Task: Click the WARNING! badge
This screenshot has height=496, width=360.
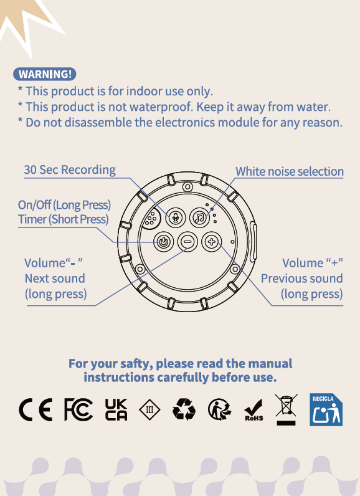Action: tap(45, 74)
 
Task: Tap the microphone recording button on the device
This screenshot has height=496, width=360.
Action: tap(176, 217)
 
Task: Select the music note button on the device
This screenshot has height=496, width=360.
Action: tap(199, 217)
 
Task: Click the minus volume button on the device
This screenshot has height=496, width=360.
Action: tap(187, 242)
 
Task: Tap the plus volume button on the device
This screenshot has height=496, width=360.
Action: tap(211, 242)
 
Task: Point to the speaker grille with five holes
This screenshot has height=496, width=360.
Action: tap(151, 219)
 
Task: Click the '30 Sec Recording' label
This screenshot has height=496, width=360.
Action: tap(70, 170)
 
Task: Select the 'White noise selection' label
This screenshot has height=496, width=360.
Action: tap(290, 171)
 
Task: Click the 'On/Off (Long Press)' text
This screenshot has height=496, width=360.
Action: tap(64, 205)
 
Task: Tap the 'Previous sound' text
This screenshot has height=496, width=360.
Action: tap(302, 279)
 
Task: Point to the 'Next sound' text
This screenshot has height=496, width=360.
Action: tap(55, 279)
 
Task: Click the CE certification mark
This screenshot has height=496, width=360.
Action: tap(36, 409)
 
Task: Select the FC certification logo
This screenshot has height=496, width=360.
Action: tap(78, 409)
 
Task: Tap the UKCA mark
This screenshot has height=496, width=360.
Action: tap(116, 409)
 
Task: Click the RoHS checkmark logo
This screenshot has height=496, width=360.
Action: tap(253, 410)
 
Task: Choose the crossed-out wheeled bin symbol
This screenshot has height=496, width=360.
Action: tap(286, 409)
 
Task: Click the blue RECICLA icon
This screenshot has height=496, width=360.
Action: tap(326, 409)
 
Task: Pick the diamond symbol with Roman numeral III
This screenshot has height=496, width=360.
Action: tap(149, 409)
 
